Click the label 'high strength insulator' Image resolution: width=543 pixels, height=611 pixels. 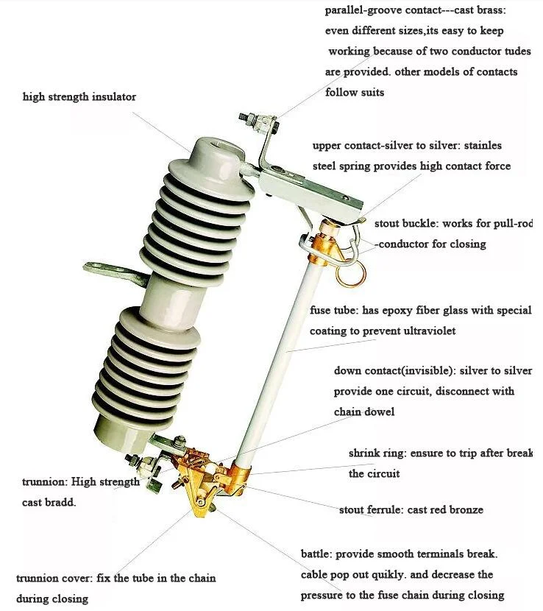pyautogui.click(x=79, y=97)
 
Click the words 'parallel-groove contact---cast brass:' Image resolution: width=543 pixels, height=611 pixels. pyautogui.click(x=415, y=10)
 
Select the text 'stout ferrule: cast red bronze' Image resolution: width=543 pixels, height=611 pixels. pyautogui.click(x=411, y=509)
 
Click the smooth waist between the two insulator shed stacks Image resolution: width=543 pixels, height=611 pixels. pyautogui.click(x=174, y=292)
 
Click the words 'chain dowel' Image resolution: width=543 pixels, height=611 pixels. pyautogui.click(x=363, y=412)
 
